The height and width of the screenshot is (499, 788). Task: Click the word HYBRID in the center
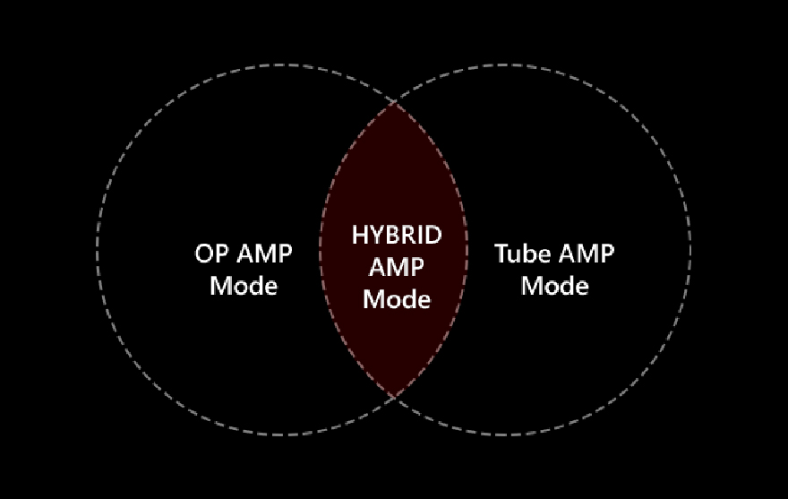click(x=396, y=235)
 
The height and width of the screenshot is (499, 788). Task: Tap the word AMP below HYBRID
click(x=396, y=266)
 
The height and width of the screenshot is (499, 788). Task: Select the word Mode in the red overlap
click(x=396, y=297)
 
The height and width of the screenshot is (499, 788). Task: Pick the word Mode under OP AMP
click(x=243, y=286)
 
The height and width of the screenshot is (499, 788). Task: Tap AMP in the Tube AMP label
click(x=586, y=254)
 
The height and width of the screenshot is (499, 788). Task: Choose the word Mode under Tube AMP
click(x=554, y=286)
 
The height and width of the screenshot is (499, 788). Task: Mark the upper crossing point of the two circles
click(x=394, y=103)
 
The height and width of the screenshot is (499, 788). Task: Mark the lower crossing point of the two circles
click(x=394, y=397)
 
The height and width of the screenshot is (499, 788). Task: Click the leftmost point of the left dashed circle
click(x=97, y=250)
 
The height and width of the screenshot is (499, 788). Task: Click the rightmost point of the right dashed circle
click(x=691, y=250)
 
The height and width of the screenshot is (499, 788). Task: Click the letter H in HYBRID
click(x=359, y=235)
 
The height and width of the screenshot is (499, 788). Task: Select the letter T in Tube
click(x=501, y=254)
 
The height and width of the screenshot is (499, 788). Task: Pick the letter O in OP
click(x=203, y=254)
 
